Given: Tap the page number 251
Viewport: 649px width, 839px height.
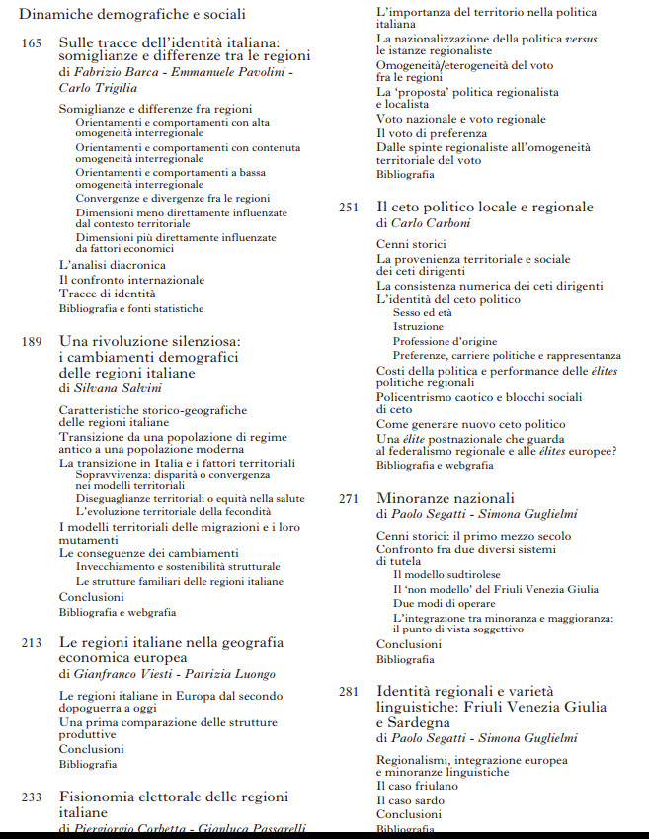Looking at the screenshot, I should coord(349,208).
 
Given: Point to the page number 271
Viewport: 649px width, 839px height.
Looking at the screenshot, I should coord(349,498).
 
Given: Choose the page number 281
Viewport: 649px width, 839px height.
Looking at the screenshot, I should coord(349,691).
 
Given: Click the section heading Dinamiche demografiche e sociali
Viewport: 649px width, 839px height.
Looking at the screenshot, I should coord(132,14).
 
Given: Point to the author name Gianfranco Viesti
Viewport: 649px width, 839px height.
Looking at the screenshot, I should coord(119,673).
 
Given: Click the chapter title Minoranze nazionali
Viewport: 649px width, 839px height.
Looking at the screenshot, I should coord(446,498).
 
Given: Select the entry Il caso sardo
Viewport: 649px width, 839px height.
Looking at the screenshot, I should coord(410,799).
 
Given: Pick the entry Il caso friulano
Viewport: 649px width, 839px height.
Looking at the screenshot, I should coord(417,786).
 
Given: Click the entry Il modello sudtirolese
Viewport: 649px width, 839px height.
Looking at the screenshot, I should coord(446,574).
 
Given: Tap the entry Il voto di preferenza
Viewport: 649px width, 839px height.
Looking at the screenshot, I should coord(432,133).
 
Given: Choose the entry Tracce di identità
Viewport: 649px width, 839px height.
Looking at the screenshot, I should coord(107,294).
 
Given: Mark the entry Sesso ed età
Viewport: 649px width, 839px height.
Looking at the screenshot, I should coord(422,312).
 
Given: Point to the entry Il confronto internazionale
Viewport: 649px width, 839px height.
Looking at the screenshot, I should coord(131,280).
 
